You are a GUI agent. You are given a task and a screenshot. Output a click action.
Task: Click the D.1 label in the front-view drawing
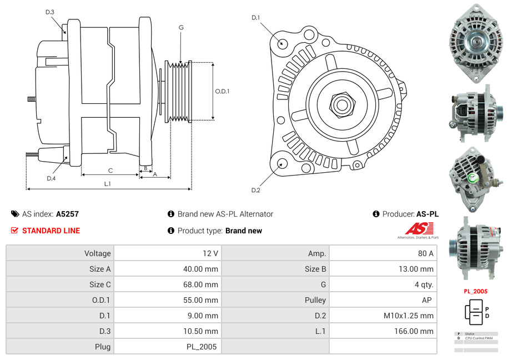(x=255, y=18)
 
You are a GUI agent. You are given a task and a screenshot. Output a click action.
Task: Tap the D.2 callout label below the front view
(x=255, y=191)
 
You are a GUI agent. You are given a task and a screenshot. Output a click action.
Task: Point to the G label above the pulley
(x=181, y=27)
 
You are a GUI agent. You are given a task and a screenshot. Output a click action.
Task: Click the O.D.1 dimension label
(x=222, y=91)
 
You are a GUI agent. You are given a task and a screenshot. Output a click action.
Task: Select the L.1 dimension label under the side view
(x=108, y=184)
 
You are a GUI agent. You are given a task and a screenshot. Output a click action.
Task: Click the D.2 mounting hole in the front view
(x=282, y=163)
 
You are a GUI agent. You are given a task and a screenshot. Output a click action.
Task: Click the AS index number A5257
(x=67, y=214)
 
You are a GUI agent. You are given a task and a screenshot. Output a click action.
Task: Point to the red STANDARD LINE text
(x=51, y=231)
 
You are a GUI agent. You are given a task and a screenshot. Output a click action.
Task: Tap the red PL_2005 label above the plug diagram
(x=475, y=291)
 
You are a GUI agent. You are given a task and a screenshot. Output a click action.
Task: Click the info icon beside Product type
(x=171, y=231)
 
